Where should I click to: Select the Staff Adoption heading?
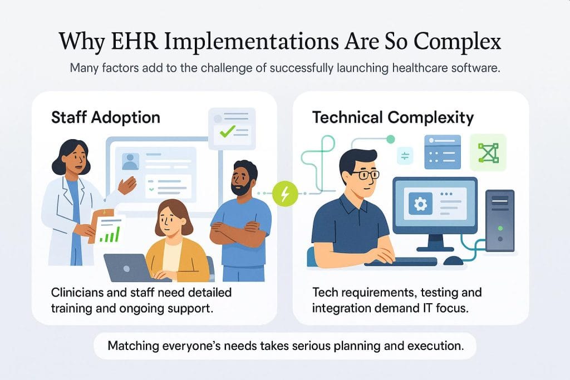(x=106, y=117)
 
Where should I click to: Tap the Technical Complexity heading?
(x=393, y=117)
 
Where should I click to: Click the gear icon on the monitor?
(x=420, y=204)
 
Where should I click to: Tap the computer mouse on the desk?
(x=454, y=260)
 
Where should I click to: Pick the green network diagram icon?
(x=488, y=152)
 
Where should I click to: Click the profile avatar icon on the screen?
(x=130, y=161)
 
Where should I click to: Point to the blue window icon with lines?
(x=443, y=151)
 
